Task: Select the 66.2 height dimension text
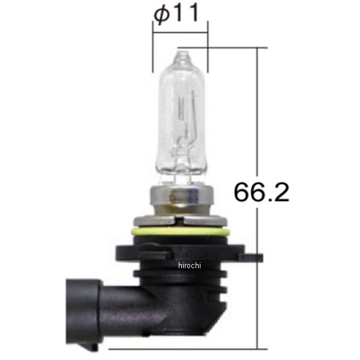point(260,192)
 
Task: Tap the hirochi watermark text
point(190,265)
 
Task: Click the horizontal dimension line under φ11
point(180,34)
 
